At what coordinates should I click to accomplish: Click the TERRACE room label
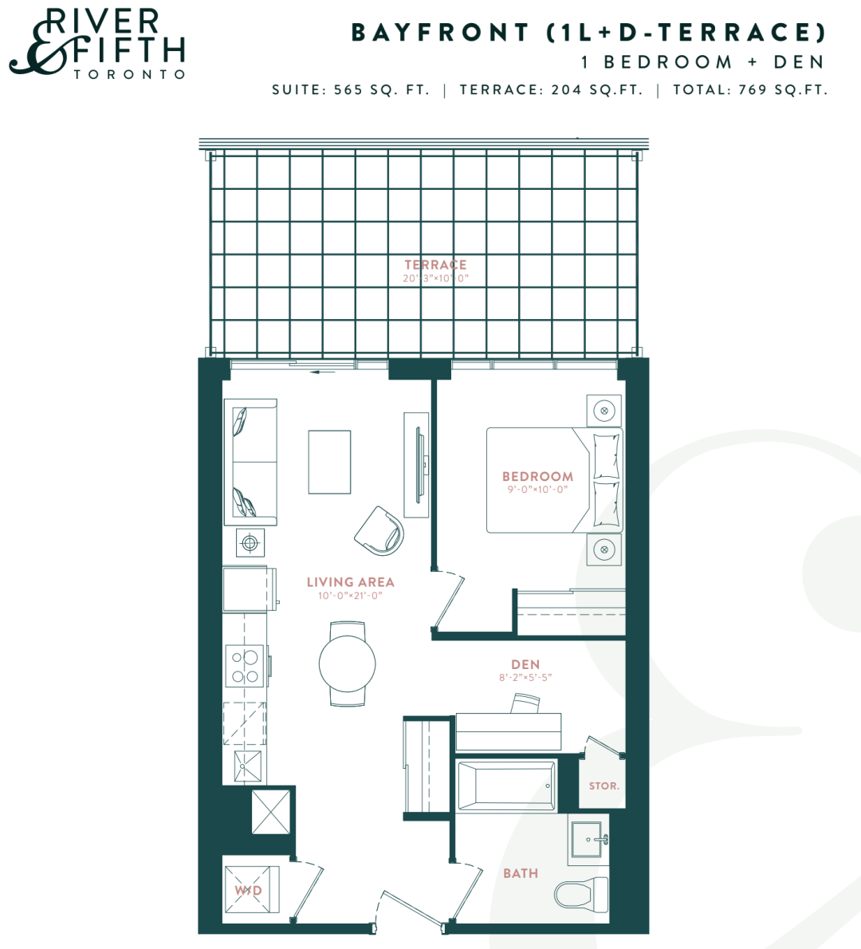tap(435, 265)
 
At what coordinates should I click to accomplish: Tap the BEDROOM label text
tap(537, 476)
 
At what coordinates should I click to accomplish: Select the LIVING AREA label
tap(350, 581)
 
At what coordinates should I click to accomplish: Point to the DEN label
tap(525, 664)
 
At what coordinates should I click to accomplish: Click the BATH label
tap(521, 872)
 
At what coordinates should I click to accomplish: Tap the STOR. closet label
tap(603, 786)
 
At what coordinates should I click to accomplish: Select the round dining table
tap(348, 664)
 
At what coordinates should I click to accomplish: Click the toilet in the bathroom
tap(581, 895)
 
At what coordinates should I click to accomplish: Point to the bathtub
tap(505, 785)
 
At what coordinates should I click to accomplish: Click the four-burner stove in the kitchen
tap(245, 666)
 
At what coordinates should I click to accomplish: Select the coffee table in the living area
tap(329, 462)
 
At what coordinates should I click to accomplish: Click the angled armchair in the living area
tap(379, 531)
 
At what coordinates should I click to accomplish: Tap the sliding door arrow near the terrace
tap(323, 372)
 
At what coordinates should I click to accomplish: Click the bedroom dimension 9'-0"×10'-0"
tap(537, 489)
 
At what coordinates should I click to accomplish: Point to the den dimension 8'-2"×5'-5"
tap(525, 677)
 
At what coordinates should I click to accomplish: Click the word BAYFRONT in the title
tap(440, 33)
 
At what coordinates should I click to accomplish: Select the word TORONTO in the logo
tap(129, 74)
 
